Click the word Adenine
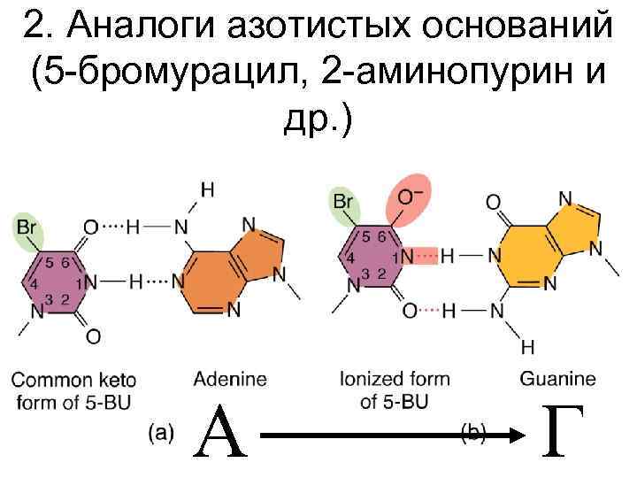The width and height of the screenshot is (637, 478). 230,380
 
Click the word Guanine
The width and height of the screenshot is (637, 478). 557,380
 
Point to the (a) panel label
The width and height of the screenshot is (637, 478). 161,432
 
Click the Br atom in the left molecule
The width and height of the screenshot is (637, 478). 27,227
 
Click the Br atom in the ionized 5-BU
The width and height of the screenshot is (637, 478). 342,202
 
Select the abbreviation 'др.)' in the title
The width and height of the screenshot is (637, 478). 318,121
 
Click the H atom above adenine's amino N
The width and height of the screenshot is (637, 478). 206,189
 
